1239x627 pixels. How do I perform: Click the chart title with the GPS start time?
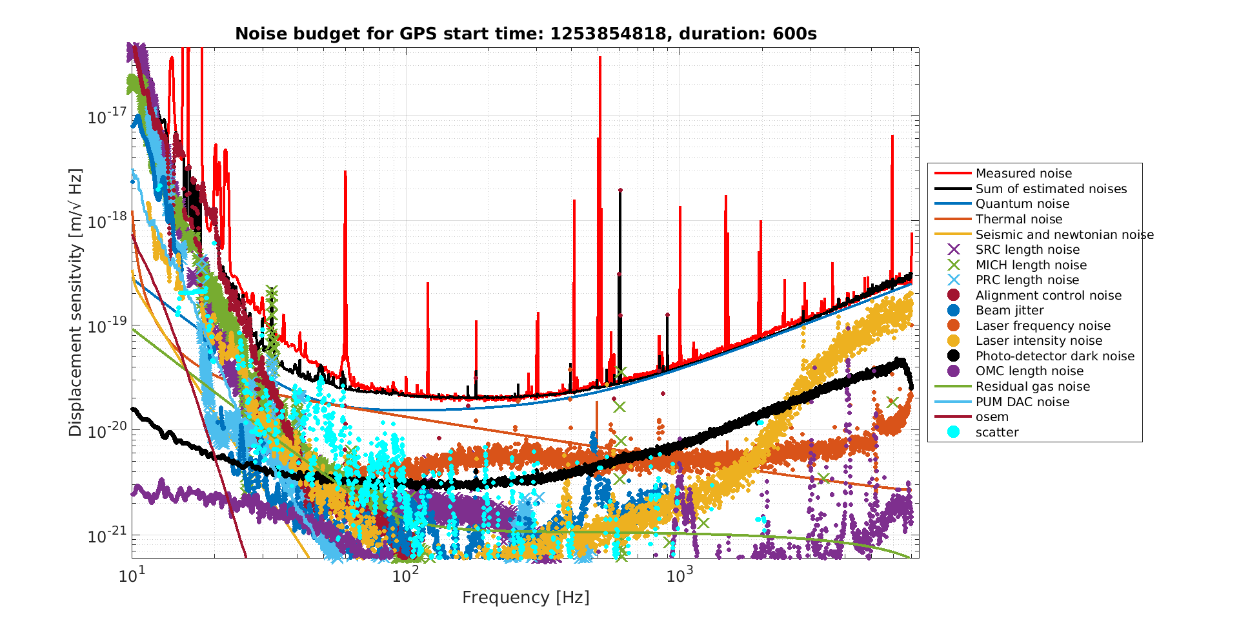click(x=525, y=34)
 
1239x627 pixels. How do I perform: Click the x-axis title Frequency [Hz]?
click(x=525, y=597)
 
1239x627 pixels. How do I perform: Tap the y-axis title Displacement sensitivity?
click(x=76, y=302)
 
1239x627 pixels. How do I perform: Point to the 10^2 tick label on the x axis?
click(x=405, y=574)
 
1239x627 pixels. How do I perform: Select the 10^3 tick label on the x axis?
click(x=678, y=574)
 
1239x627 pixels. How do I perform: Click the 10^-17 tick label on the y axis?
click(x=106, y=117)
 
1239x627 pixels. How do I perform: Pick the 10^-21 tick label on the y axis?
click(x=106, y=535)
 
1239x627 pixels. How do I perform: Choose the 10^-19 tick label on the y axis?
click(x=106, y=326)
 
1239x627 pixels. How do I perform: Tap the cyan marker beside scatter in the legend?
click(x=953, y=432)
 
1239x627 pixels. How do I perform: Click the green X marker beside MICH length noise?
click(x=953, y=265)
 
